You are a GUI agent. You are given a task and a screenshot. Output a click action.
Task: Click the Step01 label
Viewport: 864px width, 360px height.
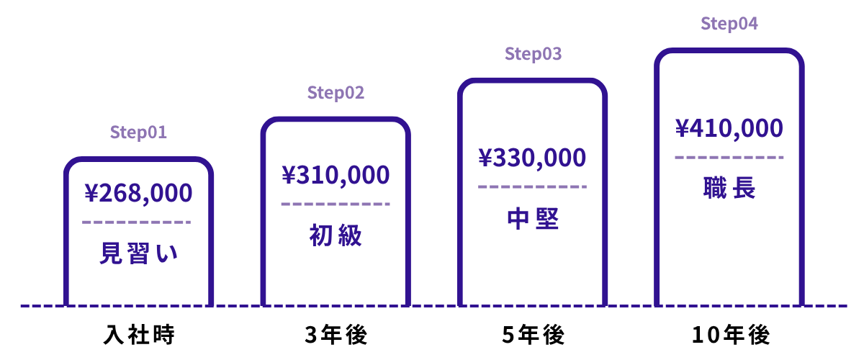pos(138,132)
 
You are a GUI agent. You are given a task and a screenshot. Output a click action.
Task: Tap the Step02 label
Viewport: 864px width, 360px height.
pos(336,93)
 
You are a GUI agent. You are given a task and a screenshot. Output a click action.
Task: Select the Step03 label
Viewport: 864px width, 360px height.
pos(533,53)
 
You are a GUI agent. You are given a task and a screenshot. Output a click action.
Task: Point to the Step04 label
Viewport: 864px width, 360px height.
pos(729,24)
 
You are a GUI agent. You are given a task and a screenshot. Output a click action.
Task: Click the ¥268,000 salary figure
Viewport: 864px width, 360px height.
pos(138,193)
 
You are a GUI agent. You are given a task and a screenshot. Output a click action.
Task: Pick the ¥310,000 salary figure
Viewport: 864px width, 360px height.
pos(336,175)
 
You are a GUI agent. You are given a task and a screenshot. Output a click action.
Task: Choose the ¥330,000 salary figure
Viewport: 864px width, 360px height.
pos(532,158)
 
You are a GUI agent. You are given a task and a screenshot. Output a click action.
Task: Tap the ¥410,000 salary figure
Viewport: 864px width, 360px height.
pos(729,128)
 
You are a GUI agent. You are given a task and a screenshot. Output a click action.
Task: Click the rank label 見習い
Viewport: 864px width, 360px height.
pos(138,253)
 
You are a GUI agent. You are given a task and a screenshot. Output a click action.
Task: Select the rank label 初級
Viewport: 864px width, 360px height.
pos(336,235)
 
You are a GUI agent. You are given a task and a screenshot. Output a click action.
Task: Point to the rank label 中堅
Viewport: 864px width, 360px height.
pos(533,218)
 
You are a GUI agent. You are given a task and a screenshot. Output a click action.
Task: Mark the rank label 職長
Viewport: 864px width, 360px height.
pos(729,188)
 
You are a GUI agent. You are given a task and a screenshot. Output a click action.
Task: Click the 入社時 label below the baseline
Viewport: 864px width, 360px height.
pos(139,334)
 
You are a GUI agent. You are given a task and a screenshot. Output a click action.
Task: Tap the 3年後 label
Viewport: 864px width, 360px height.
pos(336,334)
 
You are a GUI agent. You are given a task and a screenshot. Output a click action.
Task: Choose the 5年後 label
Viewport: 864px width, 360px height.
pos(533,334)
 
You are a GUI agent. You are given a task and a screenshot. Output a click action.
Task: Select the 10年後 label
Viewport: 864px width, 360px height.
pos(731,334)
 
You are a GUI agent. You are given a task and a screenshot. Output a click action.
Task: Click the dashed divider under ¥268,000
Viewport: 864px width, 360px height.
pos(137,222)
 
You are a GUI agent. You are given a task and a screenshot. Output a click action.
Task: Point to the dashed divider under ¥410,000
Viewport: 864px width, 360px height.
pos(729,158)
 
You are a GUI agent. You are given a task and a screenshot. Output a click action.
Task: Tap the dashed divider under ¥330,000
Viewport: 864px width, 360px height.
pos(532,186)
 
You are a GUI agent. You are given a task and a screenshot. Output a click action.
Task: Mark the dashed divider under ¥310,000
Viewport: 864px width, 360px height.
pos(336,204)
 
